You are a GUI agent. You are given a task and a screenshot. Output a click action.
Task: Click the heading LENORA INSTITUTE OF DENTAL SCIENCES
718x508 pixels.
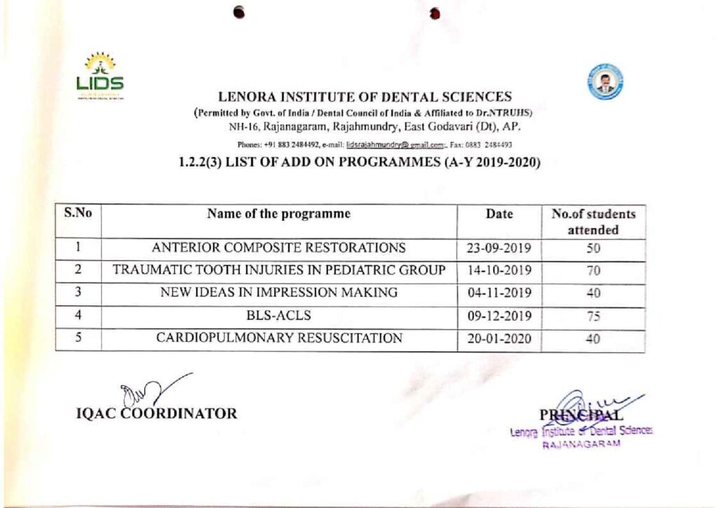[365, 97]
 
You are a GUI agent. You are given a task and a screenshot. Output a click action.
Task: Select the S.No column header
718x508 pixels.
[78, 213]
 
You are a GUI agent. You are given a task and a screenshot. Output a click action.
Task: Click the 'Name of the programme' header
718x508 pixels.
[278, 214]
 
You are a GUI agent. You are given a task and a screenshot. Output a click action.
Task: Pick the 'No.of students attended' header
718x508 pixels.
[593, 222]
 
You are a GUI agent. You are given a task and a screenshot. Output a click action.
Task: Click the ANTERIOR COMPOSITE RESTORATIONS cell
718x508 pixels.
[278, 248]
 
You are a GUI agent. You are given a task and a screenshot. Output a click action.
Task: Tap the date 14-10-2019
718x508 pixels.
[499, 270]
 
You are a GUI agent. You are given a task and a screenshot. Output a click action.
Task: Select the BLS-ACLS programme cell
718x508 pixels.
[278, 315]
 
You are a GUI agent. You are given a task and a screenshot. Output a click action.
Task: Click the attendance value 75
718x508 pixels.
[593, 316]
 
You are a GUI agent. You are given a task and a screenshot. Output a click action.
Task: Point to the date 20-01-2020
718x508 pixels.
[499, 338]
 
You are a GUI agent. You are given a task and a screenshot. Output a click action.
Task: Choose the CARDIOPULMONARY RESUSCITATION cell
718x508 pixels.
[278, 337]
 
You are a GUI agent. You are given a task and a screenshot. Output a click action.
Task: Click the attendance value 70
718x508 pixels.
[593, 271]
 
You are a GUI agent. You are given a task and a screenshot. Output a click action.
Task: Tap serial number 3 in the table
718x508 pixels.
[79, 292]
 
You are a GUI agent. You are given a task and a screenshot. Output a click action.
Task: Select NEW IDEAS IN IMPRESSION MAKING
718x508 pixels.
[278, 293]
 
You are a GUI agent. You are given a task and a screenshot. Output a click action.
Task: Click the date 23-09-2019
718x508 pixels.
[499, 248]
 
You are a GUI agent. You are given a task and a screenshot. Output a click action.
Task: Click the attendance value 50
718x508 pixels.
[593, 248]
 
